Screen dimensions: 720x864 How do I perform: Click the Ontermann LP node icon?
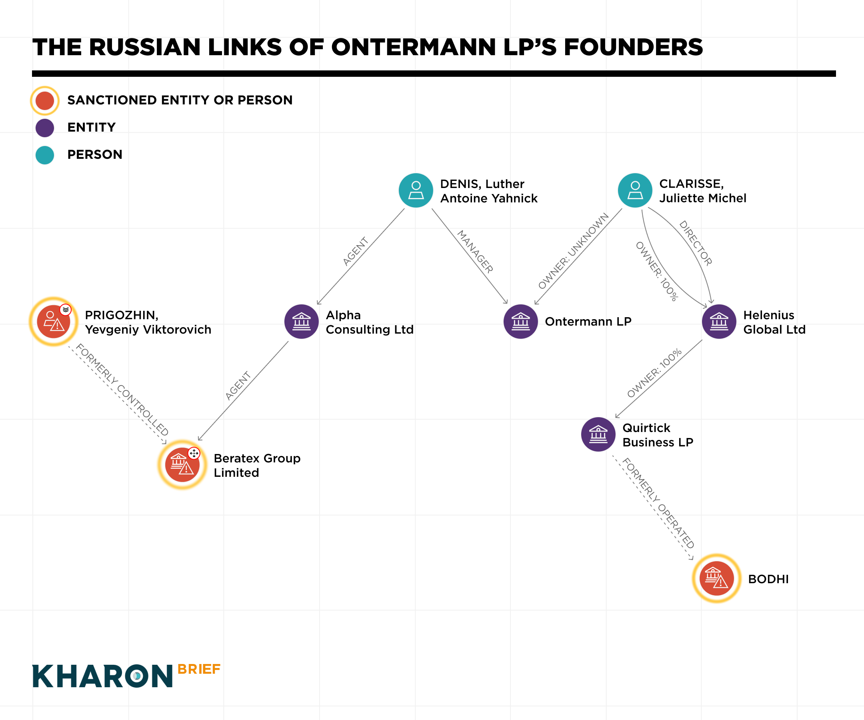click(520, 321)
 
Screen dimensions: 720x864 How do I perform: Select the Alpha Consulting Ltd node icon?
click(302, 321)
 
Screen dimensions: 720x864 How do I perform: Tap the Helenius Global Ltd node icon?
click(719, 321)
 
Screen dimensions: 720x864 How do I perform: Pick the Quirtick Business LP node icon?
click(598, 434)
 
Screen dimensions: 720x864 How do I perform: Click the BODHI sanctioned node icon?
click(716, 578)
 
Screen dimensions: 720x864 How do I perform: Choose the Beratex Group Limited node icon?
click(182, 464)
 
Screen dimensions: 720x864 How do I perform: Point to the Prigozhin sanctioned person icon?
click(54, 321)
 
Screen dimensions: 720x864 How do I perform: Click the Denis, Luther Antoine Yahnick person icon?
click(416, 190)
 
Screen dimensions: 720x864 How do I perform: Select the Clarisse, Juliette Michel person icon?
click(635, 190)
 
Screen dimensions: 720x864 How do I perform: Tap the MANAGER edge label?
click(475, 251)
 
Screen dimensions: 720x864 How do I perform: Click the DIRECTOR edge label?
click(695, 243)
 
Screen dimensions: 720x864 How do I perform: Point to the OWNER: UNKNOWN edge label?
click(573, 251)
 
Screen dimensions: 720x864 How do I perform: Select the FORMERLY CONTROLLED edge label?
click(122, 389)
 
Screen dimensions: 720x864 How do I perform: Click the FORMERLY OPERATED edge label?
click(658, 503)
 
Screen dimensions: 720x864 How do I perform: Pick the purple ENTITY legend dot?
click(45, 128)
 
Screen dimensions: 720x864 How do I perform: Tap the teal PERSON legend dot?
click(45, 155)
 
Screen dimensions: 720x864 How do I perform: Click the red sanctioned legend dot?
click(45, 100)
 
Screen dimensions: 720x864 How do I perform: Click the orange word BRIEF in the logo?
click(199, 669)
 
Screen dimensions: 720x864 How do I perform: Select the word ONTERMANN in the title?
click(413, 47)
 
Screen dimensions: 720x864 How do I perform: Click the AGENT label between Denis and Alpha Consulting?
click(356, 251)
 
